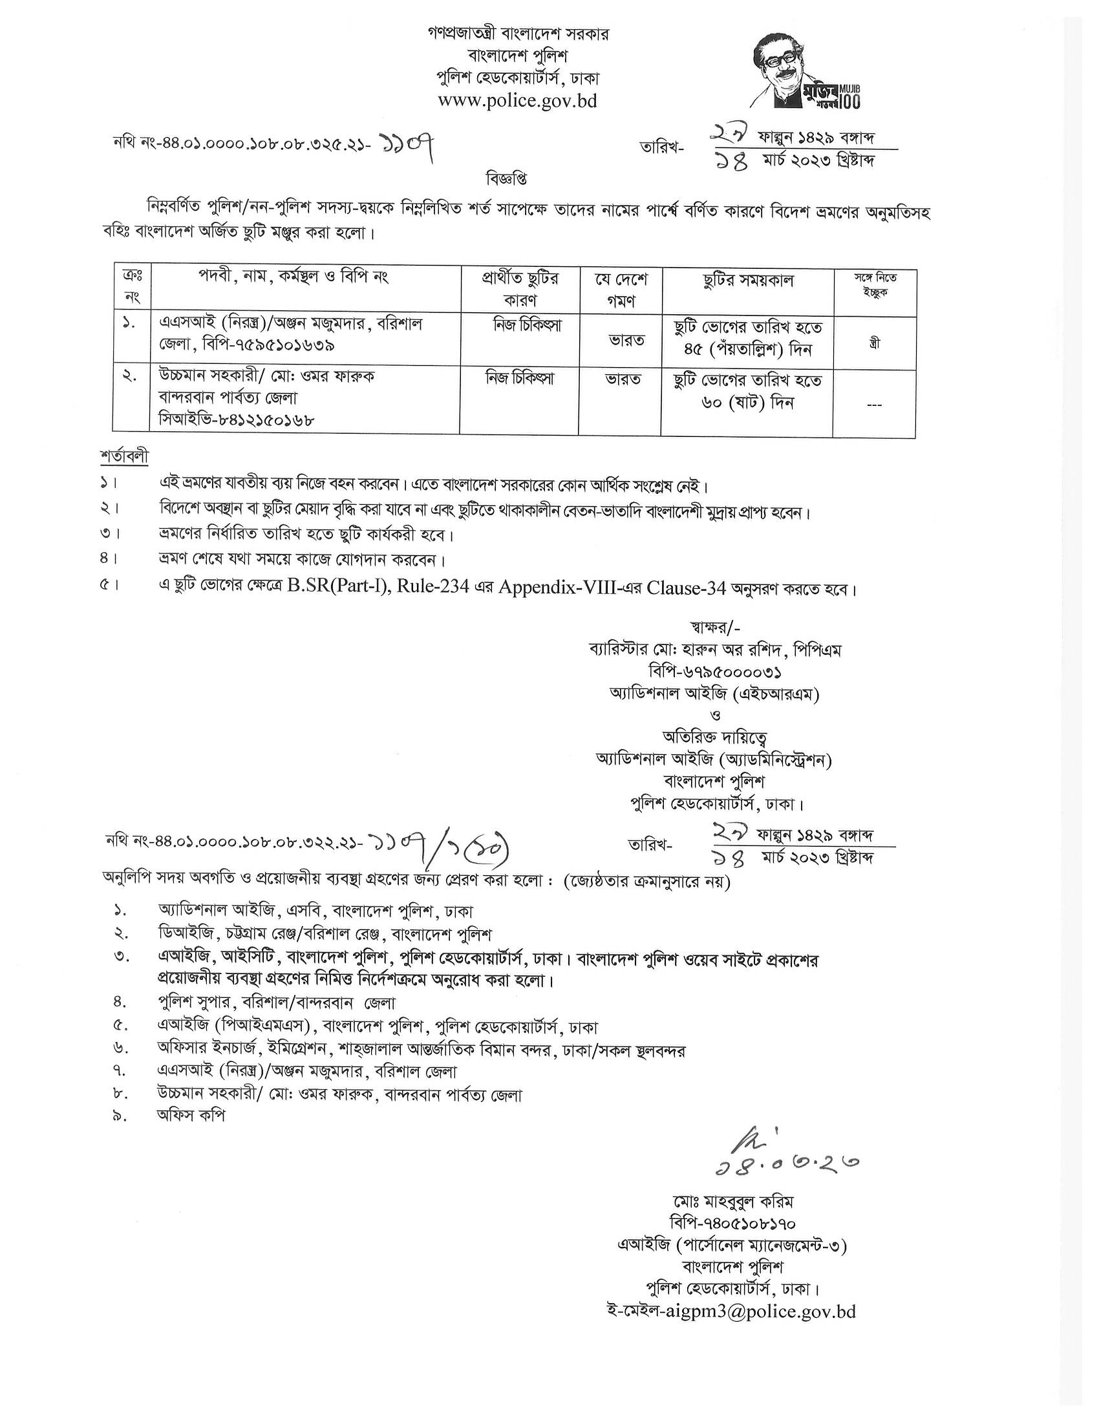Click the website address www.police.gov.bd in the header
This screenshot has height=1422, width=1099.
point(517,101)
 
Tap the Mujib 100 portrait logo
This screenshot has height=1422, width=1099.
point(804,72)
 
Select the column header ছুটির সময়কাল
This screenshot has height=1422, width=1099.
point(748,281)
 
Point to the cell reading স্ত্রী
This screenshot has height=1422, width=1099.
point(875,343)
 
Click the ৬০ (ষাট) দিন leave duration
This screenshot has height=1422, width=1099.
point(748,403)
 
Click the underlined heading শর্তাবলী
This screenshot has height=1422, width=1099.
point(124,456)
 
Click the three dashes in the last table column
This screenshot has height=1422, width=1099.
point(875,405)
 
